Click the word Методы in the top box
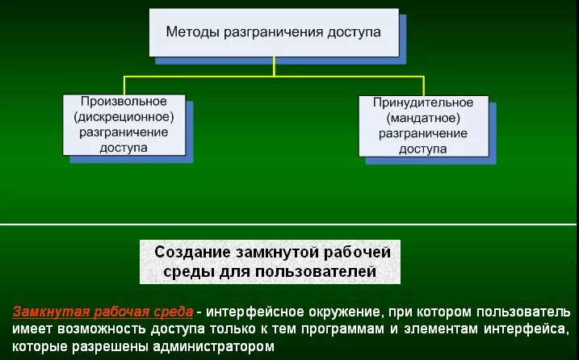tap(189, 33)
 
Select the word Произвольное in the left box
tap(124, 102)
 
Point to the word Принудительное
tap(422, 103)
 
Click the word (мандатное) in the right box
tap(422, 118)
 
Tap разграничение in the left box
tap(124, 132)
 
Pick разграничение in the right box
tap(422, 133)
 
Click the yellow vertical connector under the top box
tap(274, 66)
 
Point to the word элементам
tap(434, 329)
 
